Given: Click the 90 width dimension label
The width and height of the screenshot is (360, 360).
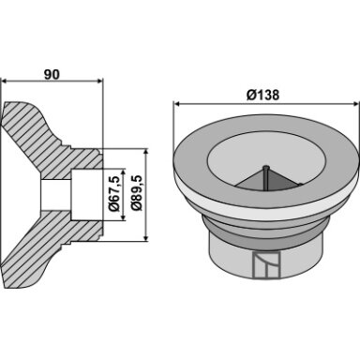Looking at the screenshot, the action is pyautogui.click(x=52, y=75).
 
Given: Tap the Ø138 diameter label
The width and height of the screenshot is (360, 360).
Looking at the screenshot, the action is pyautogui.click(x=262, y=95).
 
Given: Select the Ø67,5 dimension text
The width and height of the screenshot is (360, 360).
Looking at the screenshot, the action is pyautogui.click(x=114, y=195).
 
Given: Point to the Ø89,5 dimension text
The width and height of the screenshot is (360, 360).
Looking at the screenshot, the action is pyautogui.click(x=137, y=195).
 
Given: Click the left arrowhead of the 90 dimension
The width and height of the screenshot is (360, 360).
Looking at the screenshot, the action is pyautogui.click(x=5, y=82).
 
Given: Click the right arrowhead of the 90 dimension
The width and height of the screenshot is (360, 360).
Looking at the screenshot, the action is pyautogui.click(x=99, y=82).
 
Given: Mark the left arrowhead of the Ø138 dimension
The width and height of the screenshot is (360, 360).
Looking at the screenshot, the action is pyautogui.click(x=177, y=104).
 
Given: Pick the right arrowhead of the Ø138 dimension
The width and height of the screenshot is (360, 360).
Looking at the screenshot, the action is pyautogui.click(x=356, y=104).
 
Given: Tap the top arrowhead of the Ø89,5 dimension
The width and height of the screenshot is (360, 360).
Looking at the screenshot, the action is pyautogui.click(x=145, y=153).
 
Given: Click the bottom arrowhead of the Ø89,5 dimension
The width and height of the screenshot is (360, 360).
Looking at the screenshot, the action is pyautogui.click(x=145, y=238).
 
